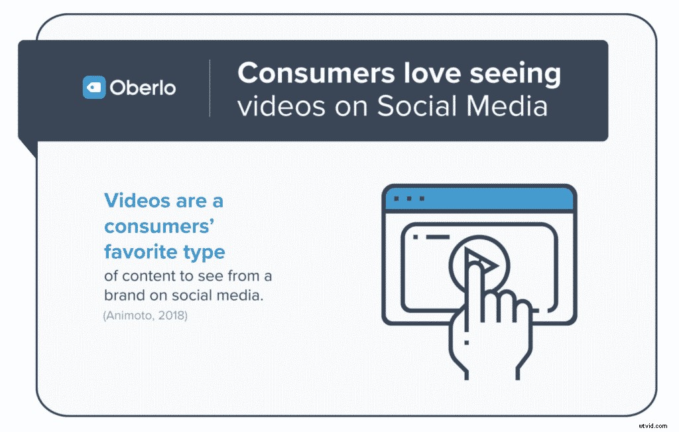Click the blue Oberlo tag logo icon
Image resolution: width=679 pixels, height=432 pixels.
[93, 88]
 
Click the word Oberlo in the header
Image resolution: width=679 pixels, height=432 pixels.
[143, 88]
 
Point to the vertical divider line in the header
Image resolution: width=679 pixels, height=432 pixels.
[210, 88]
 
